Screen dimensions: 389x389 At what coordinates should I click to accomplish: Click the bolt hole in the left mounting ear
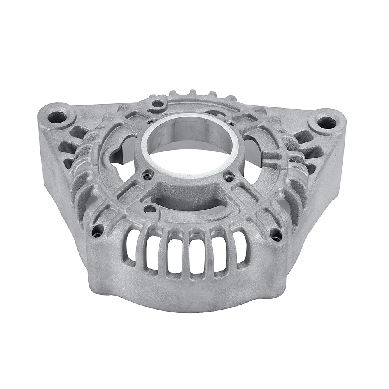57,116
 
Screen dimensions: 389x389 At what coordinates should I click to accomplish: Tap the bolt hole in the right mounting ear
326,123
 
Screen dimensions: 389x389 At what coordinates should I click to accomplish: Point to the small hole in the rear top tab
158,104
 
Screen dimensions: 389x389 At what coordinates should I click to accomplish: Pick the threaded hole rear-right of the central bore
230,123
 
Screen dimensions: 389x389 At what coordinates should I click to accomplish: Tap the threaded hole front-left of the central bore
147,176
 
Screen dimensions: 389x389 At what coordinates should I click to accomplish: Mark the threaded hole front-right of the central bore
229,178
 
